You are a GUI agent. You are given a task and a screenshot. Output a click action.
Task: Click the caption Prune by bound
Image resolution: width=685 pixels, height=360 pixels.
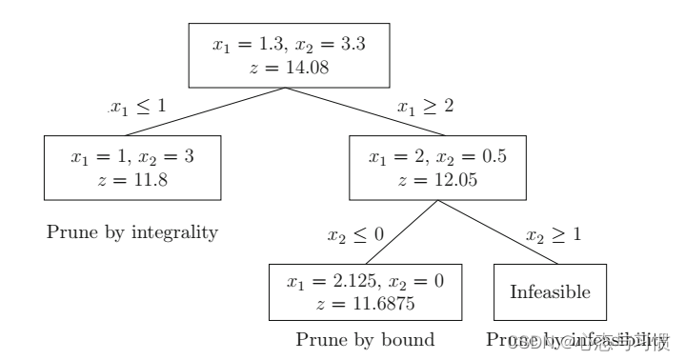[x=365, y=339]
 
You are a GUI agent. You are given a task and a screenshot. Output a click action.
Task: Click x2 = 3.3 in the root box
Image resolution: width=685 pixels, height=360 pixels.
[x=320, y=44]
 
